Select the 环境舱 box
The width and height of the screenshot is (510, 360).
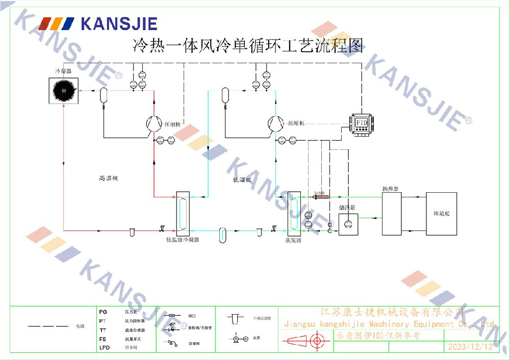[441, 214]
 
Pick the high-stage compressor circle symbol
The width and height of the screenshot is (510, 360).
[152, 123]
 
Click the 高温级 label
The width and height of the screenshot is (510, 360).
[109, 178]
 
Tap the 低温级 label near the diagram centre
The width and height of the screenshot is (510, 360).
[242, 179]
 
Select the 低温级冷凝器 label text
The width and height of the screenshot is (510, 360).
[182, 239]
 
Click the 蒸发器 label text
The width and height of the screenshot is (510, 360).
[293, 240]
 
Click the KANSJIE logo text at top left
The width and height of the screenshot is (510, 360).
[118, 23]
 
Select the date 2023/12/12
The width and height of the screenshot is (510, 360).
[470, 347]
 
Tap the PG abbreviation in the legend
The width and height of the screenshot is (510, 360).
[103, 311]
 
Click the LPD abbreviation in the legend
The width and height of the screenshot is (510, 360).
[104, 348]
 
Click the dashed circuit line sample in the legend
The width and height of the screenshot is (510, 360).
[48, 326]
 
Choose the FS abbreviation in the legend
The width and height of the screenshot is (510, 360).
[103, 339]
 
